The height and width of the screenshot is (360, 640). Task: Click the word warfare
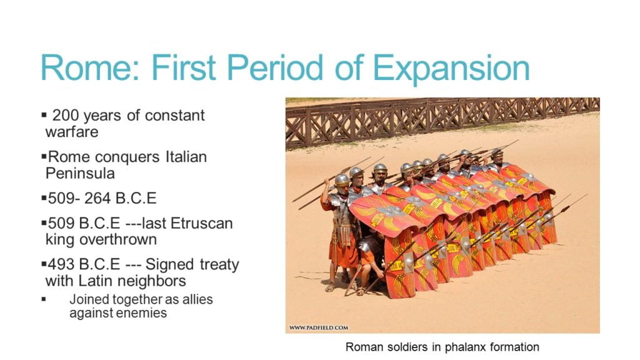(x=72, y=132)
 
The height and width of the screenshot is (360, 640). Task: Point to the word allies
(x=195, y=299)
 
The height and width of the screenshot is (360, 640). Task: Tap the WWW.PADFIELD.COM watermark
(x=319, y=327)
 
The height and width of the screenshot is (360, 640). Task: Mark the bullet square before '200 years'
(x=44, y=116)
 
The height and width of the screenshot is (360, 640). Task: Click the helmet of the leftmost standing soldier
(x=342, y=180)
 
